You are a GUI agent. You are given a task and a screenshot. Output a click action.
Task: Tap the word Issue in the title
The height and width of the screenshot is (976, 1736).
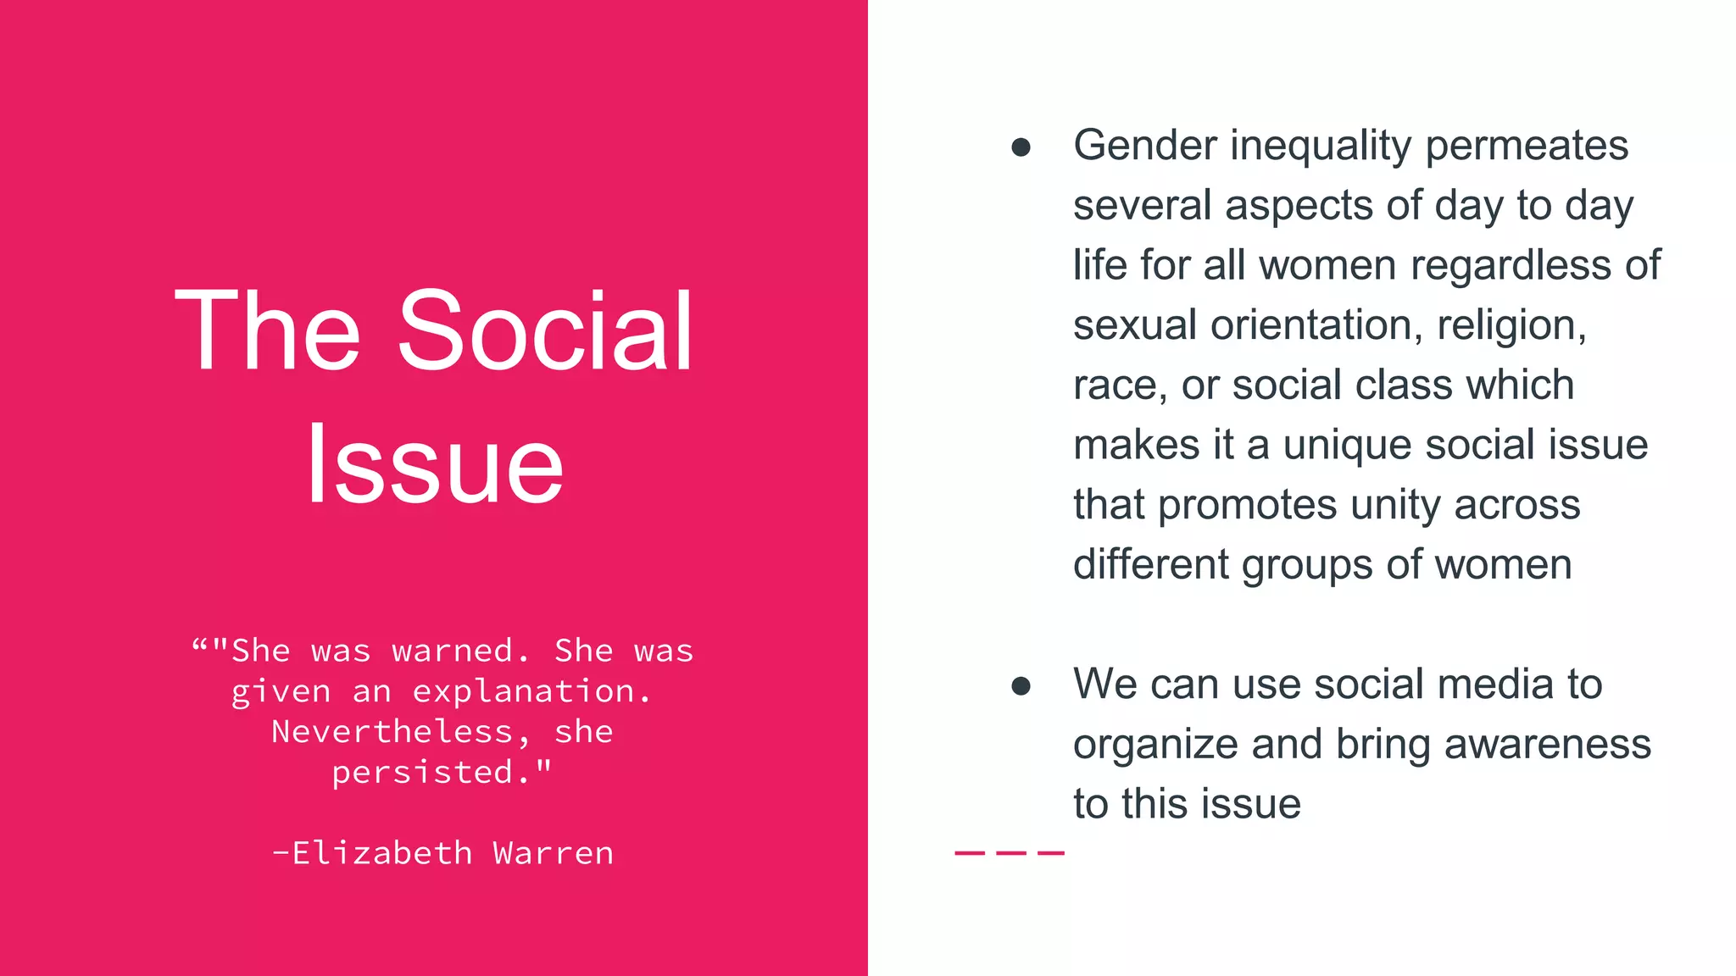coord(434,464)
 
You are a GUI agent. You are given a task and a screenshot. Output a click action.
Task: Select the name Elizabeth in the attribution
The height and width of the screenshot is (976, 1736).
coord(381,853)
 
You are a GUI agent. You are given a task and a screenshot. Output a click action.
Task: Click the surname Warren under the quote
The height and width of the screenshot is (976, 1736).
coord(554,853)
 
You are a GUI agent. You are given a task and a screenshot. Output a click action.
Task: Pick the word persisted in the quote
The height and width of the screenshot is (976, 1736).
coord(422,772)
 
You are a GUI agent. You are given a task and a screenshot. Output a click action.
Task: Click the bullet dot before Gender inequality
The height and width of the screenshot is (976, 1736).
coord(1021,147)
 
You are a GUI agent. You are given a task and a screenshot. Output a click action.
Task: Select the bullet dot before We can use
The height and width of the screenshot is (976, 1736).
coord(1021,685)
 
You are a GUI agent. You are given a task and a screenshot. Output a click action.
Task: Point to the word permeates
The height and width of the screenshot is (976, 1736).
coord(1527,145)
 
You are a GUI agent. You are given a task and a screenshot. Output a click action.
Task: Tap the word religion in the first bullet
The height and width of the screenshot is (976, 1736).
coord(1511,325)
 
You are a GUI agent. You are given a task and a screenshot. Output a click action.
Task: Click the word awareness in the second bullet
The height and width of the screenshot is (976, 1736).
coord(1548,744)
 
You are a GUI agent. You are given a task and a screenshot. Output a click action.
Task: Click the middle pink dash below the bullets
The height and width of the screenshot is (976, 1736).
coord(1010,852)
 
